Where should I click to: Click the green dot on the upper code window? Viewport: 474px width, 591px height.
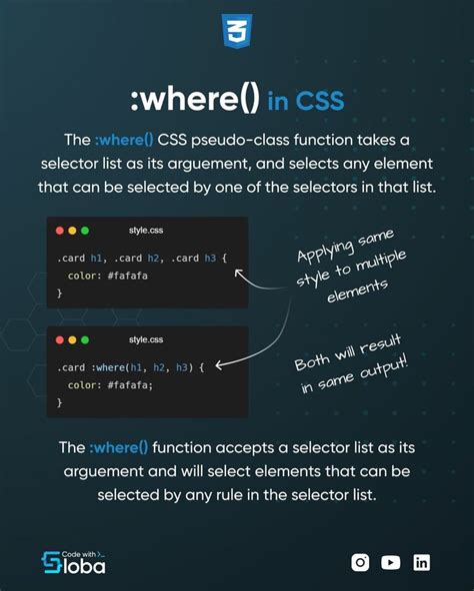pos(85,231)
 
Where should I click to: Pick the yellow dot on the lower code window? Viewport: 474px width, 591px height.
pos(73,340)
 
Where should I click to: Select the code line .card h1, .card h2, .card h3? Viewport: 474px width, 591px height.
pos(142,258)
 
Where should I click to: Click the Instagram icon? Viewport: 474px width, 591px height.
pos(360,562)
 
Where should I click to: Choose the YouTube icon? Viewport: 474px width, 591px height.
pos(391,562)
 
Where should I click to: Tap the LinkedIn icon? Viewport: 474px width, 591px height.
pos(422,562)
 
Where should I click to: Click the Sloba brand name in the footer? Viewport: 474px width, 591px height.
pos(85,566)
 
